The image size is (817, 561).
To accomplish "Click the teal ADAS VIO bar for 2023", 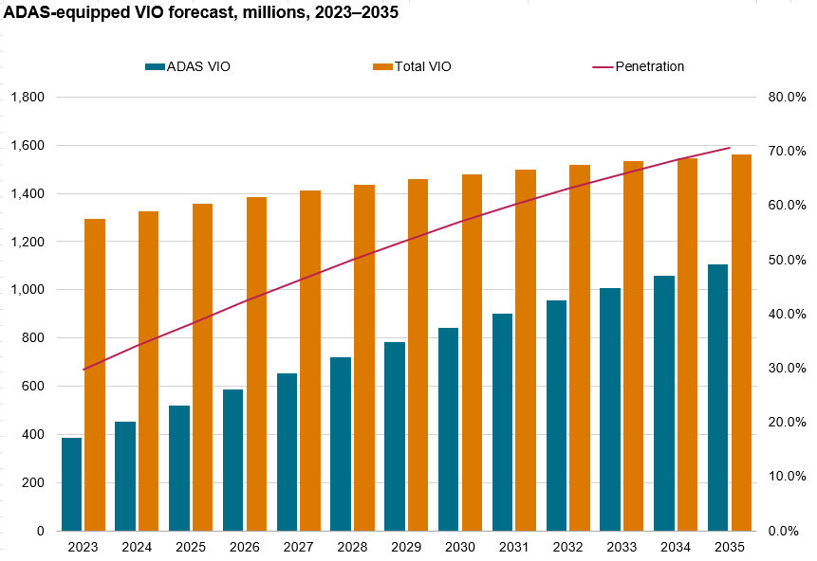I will point(72,484).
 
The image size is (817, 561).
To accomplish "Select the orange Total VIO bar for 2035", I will point(741,342).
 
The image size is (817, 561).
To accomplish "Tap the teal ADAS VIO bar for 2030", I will point(449,429).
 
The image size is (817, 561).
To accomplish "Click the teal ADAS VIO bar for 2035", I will point(718,397).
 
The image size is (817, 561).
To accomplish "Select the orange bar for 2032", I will point(580,348).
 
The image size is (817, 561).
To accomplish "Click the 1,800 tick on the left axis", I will point(28,98).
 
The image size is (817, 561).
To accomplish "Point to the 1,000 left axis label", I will point(28,290).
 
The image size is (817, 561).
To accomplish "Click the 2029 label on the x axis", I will point(406,548).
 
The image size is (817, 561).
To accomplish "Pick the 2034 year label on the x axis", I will point(676,548).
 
